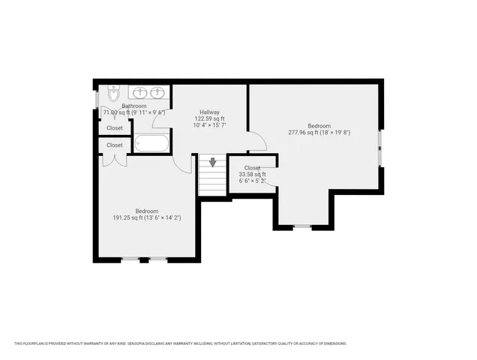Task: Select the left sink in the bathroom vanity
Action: click(139, 93)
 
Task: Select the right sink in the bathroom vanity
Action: click(157, 93)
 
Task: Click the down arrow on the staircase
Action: click(213, 162)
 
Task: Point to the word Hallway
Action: click(209, 112)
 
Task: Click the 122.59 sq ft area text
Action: click(209, 118)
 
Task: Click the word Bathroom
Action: click(134, 106)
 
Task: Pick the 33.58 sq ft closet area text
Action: click(252, 174)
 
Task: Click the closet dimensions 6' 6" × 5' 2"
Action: click(252, 181)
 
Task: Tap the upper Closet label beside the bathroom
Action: click(115, 128)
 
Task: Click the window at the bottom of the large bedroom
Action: click(301, 226)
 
